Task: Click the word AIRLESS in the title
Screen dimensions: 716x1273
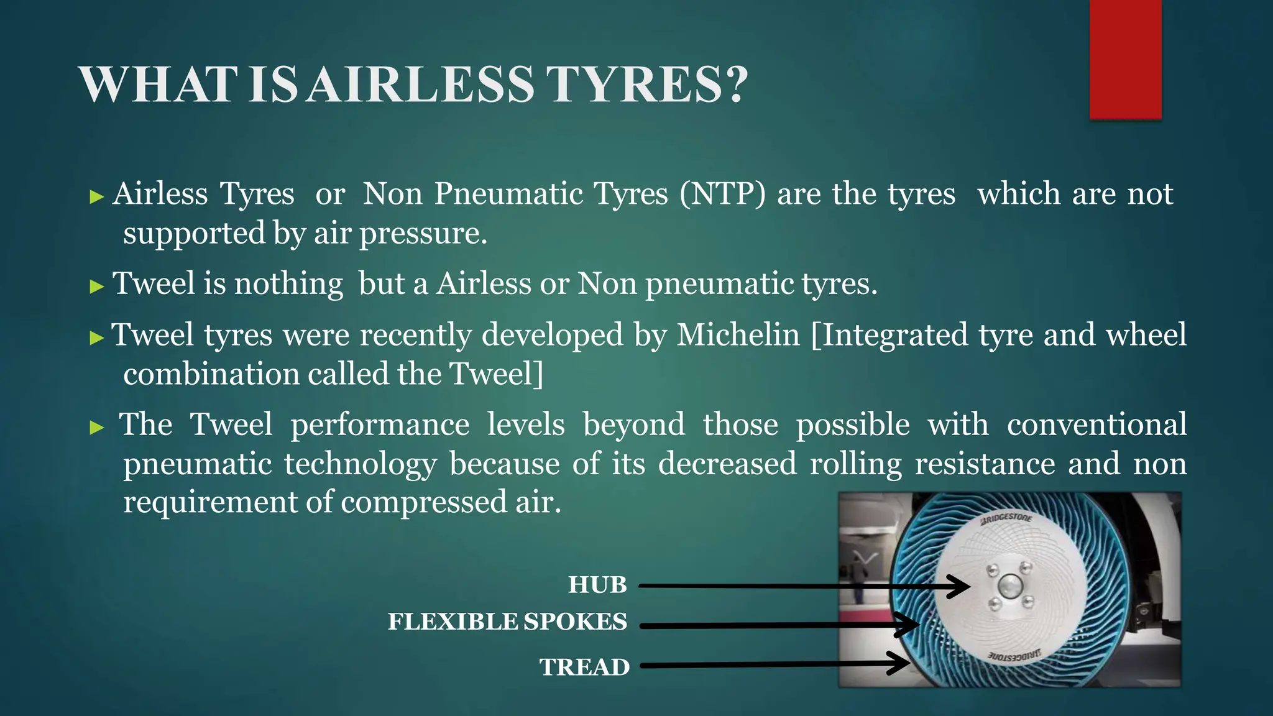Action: coord(421,85)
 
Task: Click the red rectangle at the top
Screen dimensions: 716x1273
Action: coord(1125,59)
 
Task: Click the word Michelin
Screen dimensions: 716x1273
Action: coord(738,335)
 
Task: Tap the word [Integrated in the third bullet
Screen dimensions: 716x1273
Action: coord(889,335)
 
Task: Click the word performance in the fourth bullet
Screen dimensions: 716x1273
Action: coord(380,425)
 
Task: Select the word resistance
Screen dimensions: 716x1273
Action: coord(985,464)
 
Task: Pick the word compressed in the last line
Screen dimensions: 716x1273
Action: coord(423,502)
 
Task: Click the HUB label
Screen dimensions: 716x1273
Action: coord(597,585)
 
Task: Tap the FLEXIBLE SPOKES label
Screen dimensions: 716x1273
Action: coord(507,622)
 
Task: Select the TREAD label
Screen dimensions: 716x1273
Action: coord(584,667)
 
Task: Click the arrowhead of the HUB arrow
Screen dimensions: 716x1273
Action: coord(960,586)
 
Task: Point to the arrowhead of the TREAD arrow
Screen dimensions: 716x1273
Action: coord(901,663)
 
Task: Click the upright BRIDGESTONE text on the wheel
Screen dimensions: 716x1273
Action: coord(1006,518)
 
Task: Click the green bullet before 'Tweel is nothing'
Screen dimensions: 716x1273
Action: coord(96,287)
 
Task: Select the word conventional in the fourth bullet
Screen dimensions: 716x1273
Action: coord(1096,425)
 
